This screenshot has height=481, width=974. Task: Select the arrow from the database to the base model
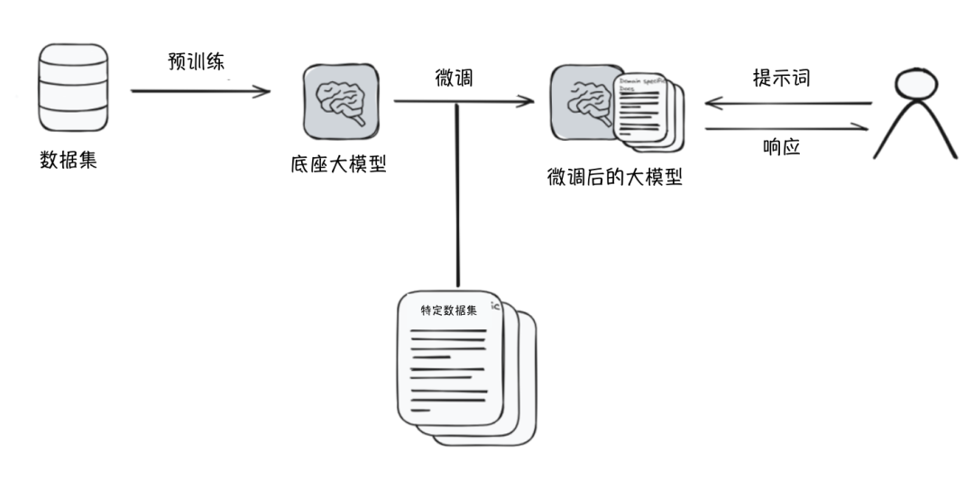(x=200, y=90)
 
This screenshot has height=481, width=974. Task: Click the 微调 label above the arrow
(x=455, y=79)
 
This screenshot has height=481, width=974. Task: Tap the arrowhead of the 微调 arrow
(x=528, y=101)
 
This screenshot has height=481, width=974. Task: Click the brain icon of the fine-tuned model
(x=583, y=104)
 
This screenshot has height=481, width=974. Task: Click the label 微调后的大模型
(x=614, y=177)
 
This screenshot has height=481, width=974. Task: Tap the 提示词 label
(x=781, y=78)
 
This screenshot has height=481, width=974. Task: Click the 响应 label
(x=781, y=146)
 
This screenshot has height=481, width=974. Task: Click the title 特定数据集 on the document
(x=448, y=310)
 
